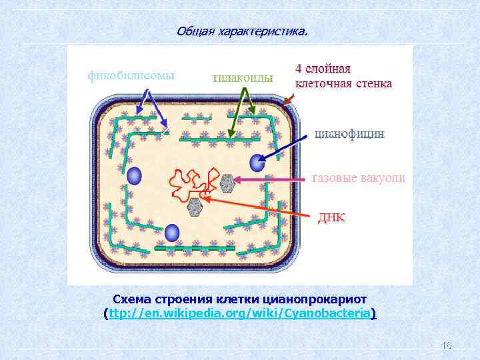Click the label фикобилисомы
[131, 75]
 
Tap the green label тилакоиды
[243, 78]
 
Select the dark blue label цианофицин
[349, 133]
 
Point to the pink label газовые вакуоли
[358, 178]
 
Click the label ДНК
[331, 218]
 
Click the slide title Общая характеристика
[243, 31]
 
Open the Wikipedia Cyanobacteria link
[241, 313]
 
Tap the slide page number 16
[447, 345]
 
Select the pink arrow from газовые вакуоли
[273, 179]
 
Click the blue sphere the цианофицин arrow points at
[257, 163]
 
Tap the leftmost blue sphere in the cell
[135, 176]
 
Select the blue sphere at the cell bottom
[173, 233]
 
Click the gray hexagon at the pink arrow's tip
[228, 183]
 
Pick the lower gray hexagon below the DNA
[195, 207]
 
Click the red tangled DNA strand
[190, 183]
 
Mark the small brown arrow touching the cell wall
[288, 101]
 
